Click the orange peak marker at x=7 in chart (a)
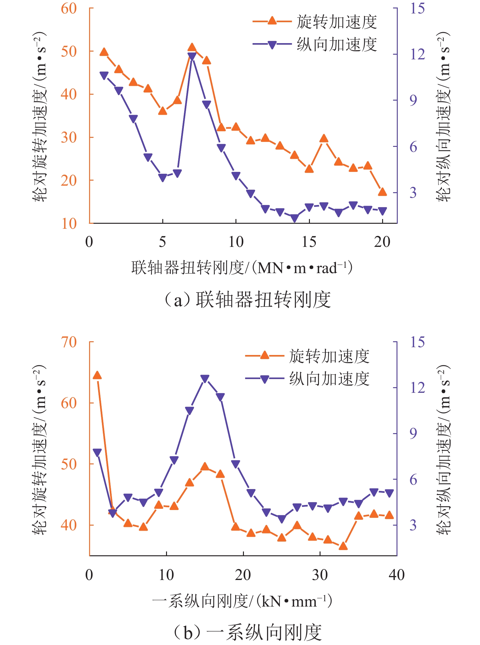(192, 47)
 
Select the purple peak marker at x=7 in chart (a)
(192, 57)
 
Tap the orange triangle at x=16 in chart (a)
(324, 138)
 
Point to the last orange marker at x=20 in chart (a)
(382, 192)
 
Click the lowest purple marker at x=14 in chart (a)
(295, 218)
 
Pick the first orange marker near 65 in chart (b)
(97, 375)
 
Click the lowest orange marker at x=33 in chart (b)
(343, 546)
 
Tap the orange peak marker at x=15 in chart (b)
(205, 467)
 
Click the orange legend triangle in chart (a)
(272, 21)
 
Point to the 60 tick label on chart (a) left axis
(69, 8)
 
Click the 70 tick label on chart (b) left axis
(69, 342)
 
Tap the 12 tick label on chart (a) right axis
(417, 54)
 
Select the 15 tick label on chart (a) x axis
(309, 242)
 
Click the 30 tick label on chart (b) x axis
(320, 575)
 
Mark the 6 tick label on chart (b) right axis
(413, 480)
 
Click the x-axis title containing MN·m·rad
(242, 268)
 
